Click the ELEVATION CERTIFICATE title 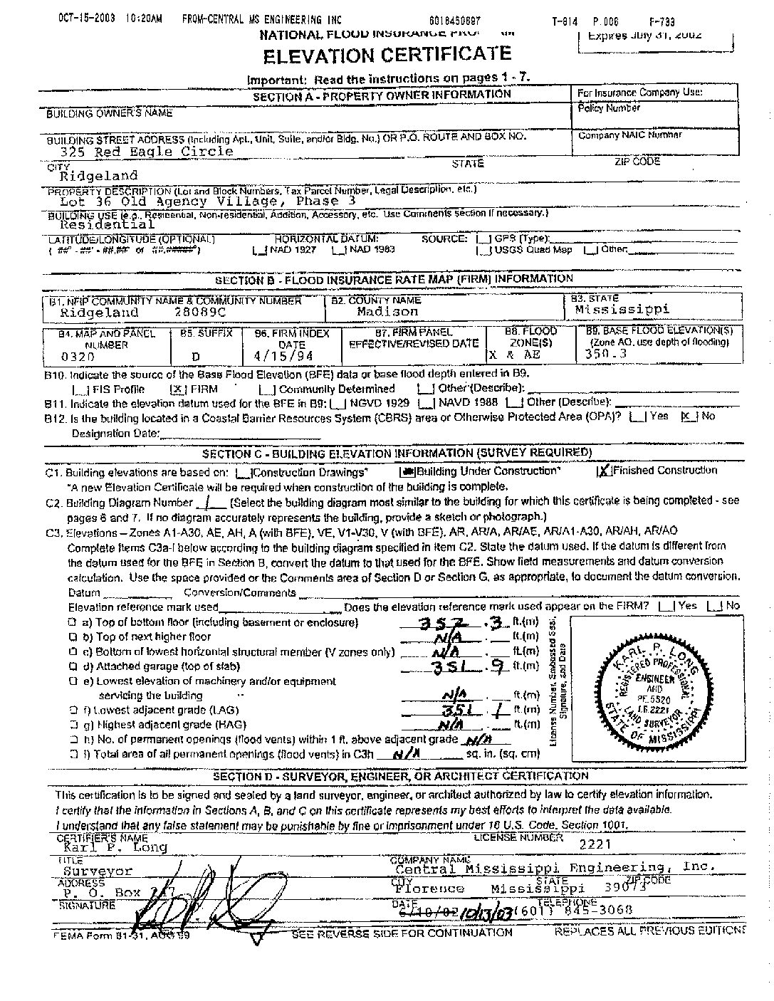387,55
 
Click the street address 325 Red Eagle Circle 147,151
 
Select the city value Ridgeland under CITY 98,175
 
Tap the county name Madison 388,312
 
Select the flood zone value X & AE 514,355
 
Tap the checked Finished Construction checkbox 604,471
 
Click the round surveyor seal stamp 654,692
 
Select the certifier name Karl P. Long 115,847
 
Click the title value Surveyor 98,870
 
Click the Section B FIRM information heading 394,279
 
